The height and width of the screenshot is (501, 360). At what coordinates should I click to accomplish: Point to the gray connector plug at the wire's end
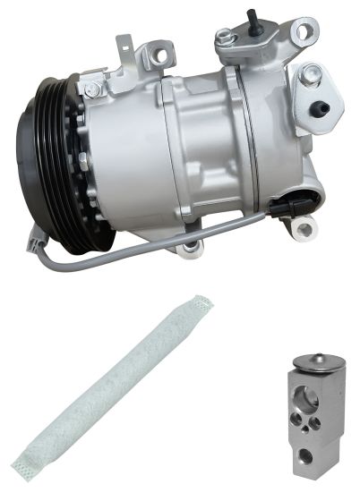[x=35, y=238]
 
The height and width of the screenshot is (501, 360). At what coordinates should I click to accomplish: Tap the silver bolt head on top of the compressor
[x=224, y=38]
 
